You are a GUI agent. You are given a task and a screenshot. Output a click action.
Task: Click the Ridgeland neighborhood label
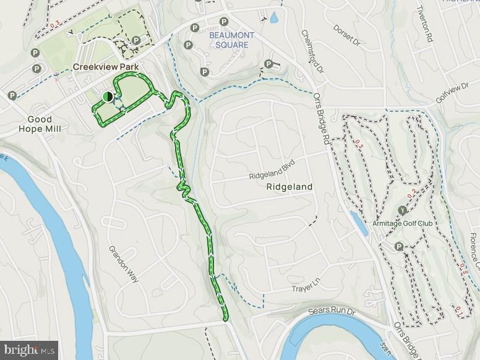(x=289, y=186)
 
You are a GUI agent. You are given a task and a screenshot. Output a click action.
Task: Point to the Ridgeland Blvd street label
(x=273, y=169)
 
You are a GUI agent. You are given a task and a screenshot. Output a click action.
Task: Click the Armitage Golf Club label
(x=402, y=223)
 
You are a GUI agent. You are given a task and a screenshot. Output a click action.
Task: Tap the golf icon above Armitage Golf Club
(x=403, y=210)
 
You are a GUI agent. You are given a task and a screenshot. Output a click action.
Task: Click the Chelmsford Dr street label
(x=313, y=53)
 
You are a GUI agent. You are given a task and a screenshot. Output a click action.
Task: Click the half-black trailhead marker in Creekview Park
(x=108, y=96)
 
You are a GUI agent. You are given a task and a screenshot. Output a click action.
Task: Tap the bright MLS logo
(x=28, y=351)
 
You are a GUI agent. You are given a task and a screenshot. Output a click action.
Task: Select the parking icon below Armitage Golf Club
(x=399, y=247)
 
